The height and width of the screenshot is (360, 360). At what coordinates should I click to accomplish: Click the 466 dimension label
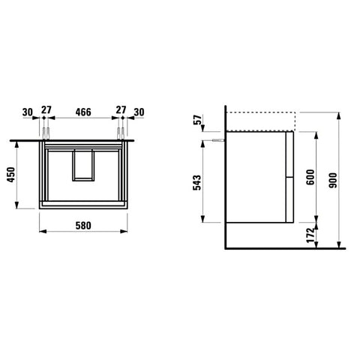click(83, 112)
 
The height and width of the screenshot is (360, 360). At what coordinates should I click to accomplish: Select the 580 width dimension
click(83, 226)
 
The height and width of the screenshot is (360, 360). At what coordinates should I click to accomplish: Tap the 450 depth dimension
click(11, 175)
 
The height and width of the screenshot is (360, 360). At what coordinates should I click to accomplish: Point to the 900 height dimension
click(333, 180)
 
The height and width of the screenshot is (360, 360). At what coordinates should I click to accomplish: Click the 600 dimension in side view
click(310, 177)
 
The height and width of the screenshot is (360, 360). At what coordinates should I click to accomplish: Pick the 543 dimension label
click(197, 182)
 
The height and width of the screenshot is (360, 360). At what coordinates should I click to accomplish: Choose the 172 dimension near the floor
click(310, 235)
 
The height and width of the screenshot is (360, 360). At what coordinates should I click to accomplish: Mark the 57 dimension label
click(197, 120)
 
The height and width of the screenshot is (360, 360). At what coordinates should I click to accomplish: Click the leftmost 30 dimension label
click(28, 112)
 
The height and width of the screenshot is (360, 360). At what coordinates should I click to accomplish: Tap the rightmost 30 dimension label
click(139, 112)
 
